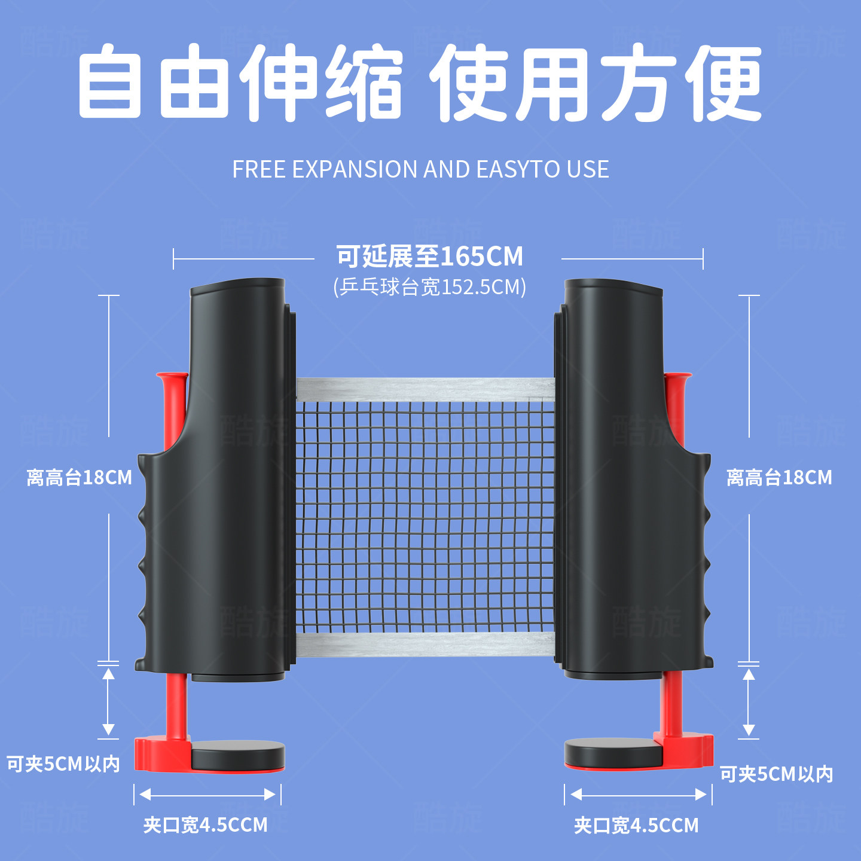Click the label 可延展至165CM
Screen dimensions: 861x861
point(429,257)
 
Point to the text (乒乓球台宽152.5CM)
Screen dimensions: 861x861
point(429,287)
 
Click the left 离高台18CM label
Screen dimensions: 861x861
point(79,478)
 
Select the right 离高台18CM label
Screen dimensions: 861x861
point(778,478)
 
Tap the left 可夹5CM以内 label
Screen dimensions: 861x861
point(63,764)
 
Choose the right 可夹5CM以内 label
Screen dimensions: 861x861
point(775,774)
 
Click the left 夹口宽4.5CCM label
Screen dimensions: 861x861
point(205,825)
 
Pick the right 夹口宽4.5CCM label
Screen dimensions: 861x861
point(636,826)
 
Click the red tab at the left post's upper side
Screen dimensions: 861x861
point(172,407)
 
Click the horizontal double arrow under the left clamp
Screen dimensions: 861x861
point(207,795)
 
